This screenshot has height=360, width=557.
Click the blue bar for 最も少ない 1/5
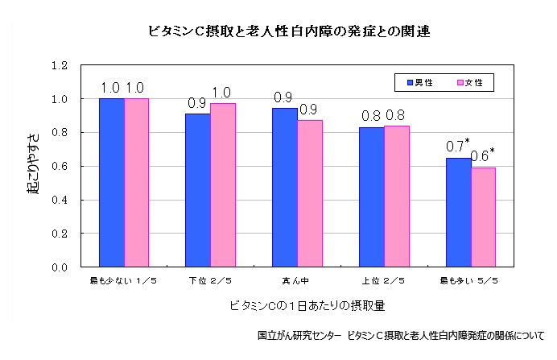111,182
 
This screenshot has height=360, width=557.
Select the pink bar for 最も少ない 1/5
136,182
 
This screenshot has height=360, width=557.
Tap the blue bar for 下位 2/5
198,190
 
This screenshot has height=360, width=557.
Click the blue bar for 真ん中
285,187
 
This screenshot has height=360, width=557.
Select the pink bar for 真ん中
310,193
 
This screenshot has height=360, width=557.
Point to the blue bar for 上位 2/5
372,197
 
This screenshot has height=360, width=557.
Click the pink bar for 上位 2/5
397,196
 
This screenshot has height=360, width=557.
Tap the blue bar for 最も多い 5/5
459,212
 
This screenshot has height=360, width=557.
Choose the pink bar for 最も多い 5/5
483,217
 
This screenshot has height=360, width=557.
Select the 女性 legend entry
476,82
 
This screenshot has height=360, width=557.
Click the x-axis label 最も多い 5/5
470,281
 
